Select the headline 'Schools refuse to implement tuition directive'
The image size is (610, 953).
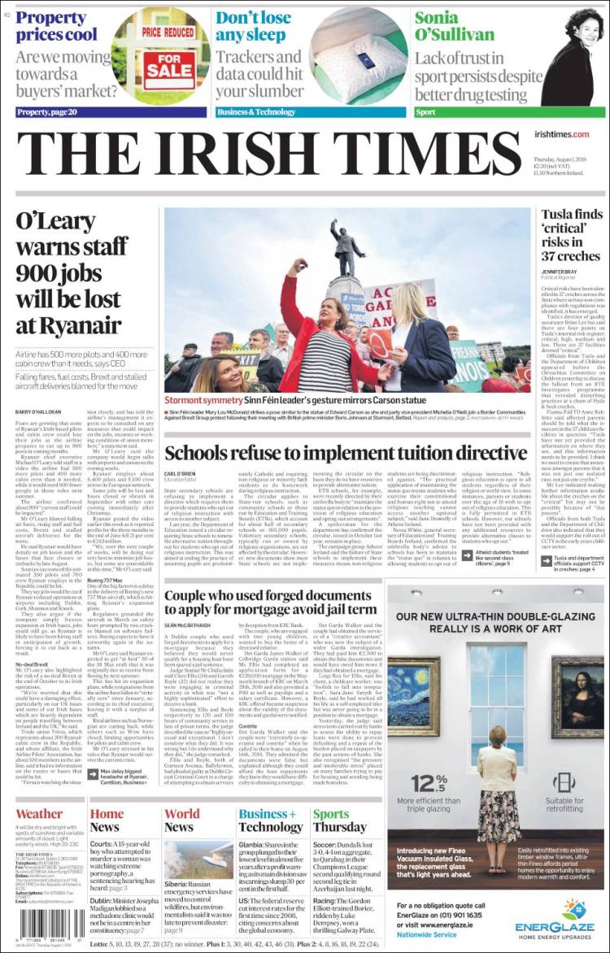point(346,454)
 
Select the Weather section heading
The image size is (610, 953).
point(38,814)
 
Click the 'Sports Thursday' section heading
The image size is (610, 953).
point(340,820)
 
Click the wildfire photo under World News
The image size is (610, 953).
point(198,860)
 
